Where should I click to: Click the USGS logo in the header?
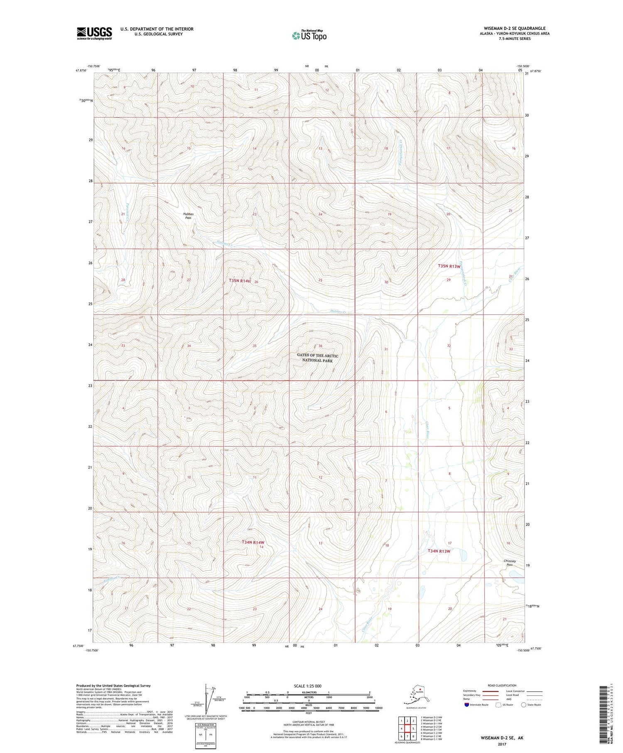[x=94, y=33]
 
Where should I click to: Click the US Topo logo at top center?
[x=309, y=35]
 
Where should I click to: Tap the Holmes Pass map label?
[x=188, y=216]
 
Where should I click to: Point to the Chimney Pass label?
[x=509, y=563]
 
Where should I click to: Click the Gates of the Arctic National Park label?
[x=317, y=358]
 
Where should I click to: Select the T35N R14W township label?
[x=240, y=281]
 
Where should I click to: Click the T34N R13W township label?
[x=439, y=551]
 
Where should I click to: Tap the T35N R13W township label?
[x=449, y=266]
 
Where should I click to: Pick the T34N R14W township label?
[x=253, y=542]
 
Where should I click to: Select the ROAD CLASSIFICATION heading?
[x=502, y=685]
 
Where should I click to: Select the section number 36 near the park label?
[x=320, y=346]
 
